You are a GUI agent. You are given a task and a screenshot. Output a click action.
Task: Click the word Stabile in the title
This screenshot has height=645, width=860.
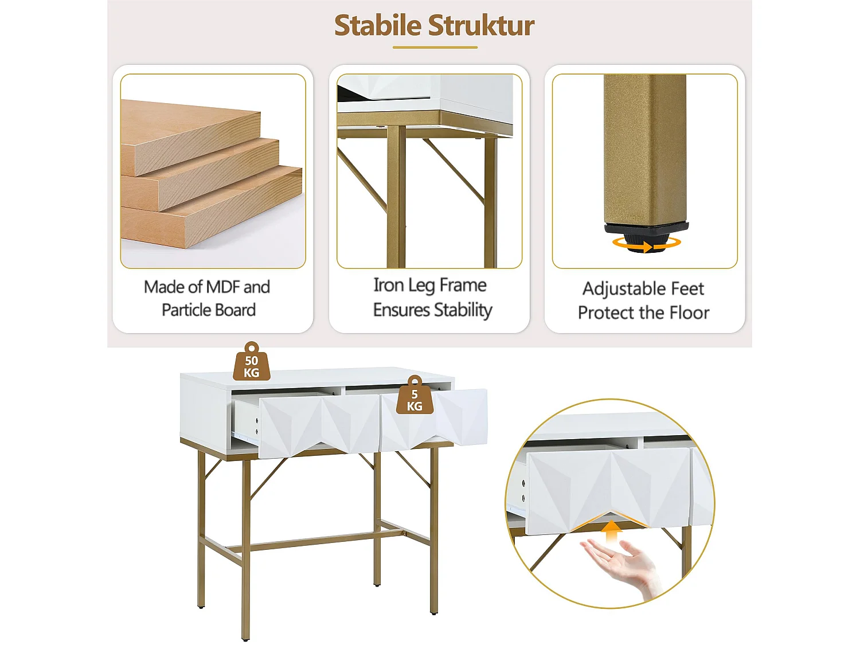(x=377, y=26)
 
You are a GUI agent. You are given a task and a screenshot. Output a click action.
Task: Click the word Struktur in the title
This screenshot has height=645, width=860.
(x=481, y=26)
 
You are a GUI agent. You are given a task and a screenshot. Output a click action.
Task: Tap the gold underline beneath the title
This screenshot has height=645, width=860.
(x=435, y=48)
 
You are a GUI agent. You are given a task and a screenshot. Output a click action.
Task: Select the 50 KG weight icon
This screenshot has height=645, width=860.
(x=251, y=363)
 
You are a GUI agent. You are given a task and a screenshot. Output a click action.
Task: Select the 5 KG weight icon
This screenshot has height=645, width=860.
(x=415, y=397)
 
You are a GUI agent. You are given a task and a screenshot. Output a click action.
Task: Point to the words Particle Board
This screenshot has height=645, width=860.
(x=209, y=310)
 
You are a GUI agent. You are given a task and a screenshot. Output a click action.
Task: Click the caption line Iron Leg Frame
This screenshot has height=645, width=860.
(x=430, y=285)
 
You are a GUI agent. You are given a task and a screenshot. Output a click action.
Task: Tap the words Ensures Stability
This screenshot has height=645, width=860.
(x=432, y=310)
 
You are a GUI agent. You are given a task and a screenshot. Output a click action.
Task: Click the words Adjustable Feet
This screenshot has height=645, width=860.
(x=643, y=288)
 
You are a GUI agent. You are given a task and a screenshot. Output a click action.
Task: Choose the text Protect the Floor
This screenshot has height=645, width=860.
(x=643, y=313)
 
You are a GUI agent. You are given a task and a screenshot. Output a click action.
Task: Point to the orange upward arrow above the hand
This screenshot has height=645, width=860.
(x=613, y=530)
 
